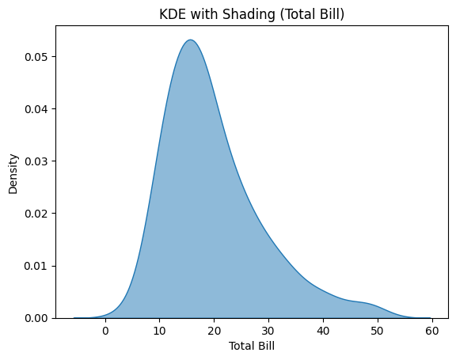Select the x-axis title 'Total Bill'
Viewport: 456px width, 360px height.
coord(252,347)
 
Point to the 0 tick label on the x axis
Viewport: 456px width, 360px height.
coord(105,331)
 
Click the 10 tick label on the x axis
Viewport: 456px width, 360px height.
coord(159,331)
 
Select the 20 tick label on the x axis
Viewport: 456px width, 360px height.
coord(214,331)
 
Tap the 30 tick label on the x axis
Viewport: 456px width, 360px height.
coord(268,331)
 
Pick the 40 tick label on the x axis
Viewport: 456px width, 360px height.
coord(322,331)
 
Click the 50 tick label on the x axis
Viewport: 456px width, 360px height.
coord(377,331)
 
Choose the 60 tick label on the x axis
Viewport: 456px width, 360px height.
coord(431,331)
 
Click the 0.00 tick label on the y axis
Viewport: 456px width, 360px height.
coord(36,318)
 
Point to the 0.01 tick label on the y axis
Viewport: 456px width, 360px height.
coord(36,266)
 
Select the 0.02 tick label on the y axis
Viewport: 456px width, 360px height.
coord(36,214)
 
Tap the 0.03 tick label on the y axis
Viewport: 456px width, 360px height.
coord(36,161)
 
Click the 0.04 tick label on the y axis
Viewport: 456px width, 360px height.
coord(36,109)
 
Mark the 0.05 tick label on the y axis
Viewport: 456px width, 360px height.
coord(36,57)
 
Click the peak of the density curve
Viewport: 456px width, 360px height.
coord(190,40)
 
